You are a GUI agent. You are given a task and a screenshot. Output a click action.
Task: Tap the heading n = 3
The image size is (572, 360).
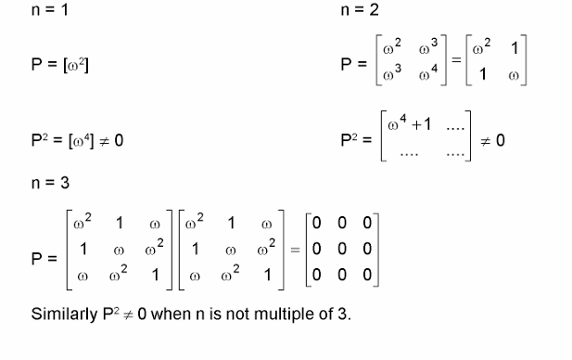[x=50, y=183]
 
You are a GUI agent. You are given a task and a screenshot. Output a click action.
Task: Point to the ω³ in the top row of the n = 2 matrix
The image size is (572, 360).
[x=429, y=47]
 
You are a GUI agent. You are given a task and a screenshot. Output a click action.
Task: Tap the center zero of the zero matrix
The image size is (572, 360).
[x=343, y=250]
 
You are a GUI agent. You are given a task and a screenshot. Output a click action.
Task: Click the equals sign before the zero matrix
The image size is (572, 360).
[x=294, y=250]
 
